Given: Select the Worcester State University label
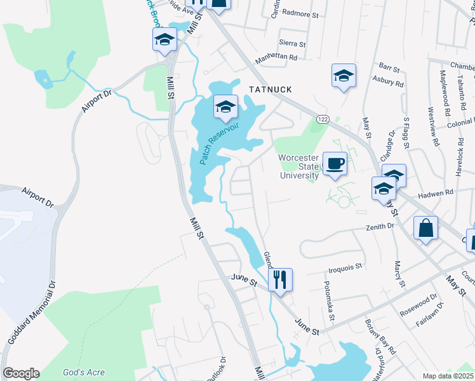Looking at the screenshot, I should (298, 166).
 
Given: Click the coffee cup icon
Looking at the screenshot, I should (335, 164).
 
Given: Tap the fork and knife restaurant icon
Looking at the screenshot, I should (279, 279).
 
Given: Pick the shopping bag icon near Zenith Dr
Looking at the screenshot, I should (425, 229).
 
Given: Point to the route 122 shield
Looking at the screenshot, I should (323, 119).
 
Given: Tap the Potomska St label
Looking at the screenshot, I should (331, 298).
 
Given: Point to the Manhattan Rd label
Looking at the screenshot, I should (276, 57).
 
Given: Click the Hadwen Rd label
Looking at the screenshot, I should (439, 192).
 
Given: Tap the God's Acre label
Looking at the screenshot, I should (84, 373).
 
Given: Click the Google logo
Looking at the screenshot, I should (21, 373).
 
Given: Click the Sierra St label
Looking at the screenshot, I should (292, 44).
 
